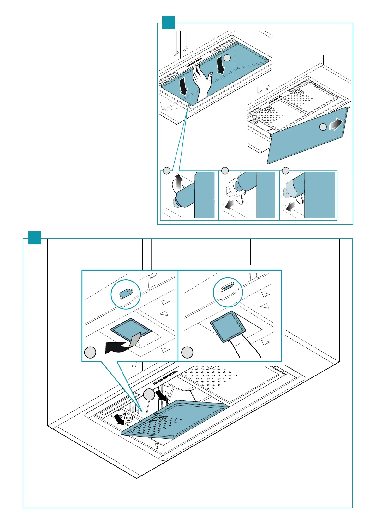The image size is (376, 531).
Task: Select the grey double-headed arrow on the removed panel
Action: (335, 124)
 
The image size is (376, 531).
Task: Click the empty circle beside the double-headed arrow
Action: (323, 127)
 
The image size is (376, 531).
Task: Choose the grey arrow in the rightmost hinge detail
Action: (290, 207)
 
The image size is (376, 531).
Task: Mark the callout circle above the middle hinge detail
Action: (225, 171)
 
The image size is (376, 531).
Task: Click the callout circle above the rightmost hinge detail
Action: (285, 171)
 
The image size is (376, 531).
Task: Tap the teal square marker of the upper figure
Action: (169, 23)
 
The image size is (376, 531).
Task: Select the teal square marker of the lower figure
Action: (35, 238)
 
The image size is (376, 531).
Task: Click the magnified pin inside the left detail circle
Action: (125, 294)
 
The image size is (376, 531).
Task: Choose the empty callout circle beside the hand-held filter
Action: (188, 352)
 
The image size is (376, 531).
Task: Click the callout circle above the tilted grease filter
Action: (149, 394)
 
